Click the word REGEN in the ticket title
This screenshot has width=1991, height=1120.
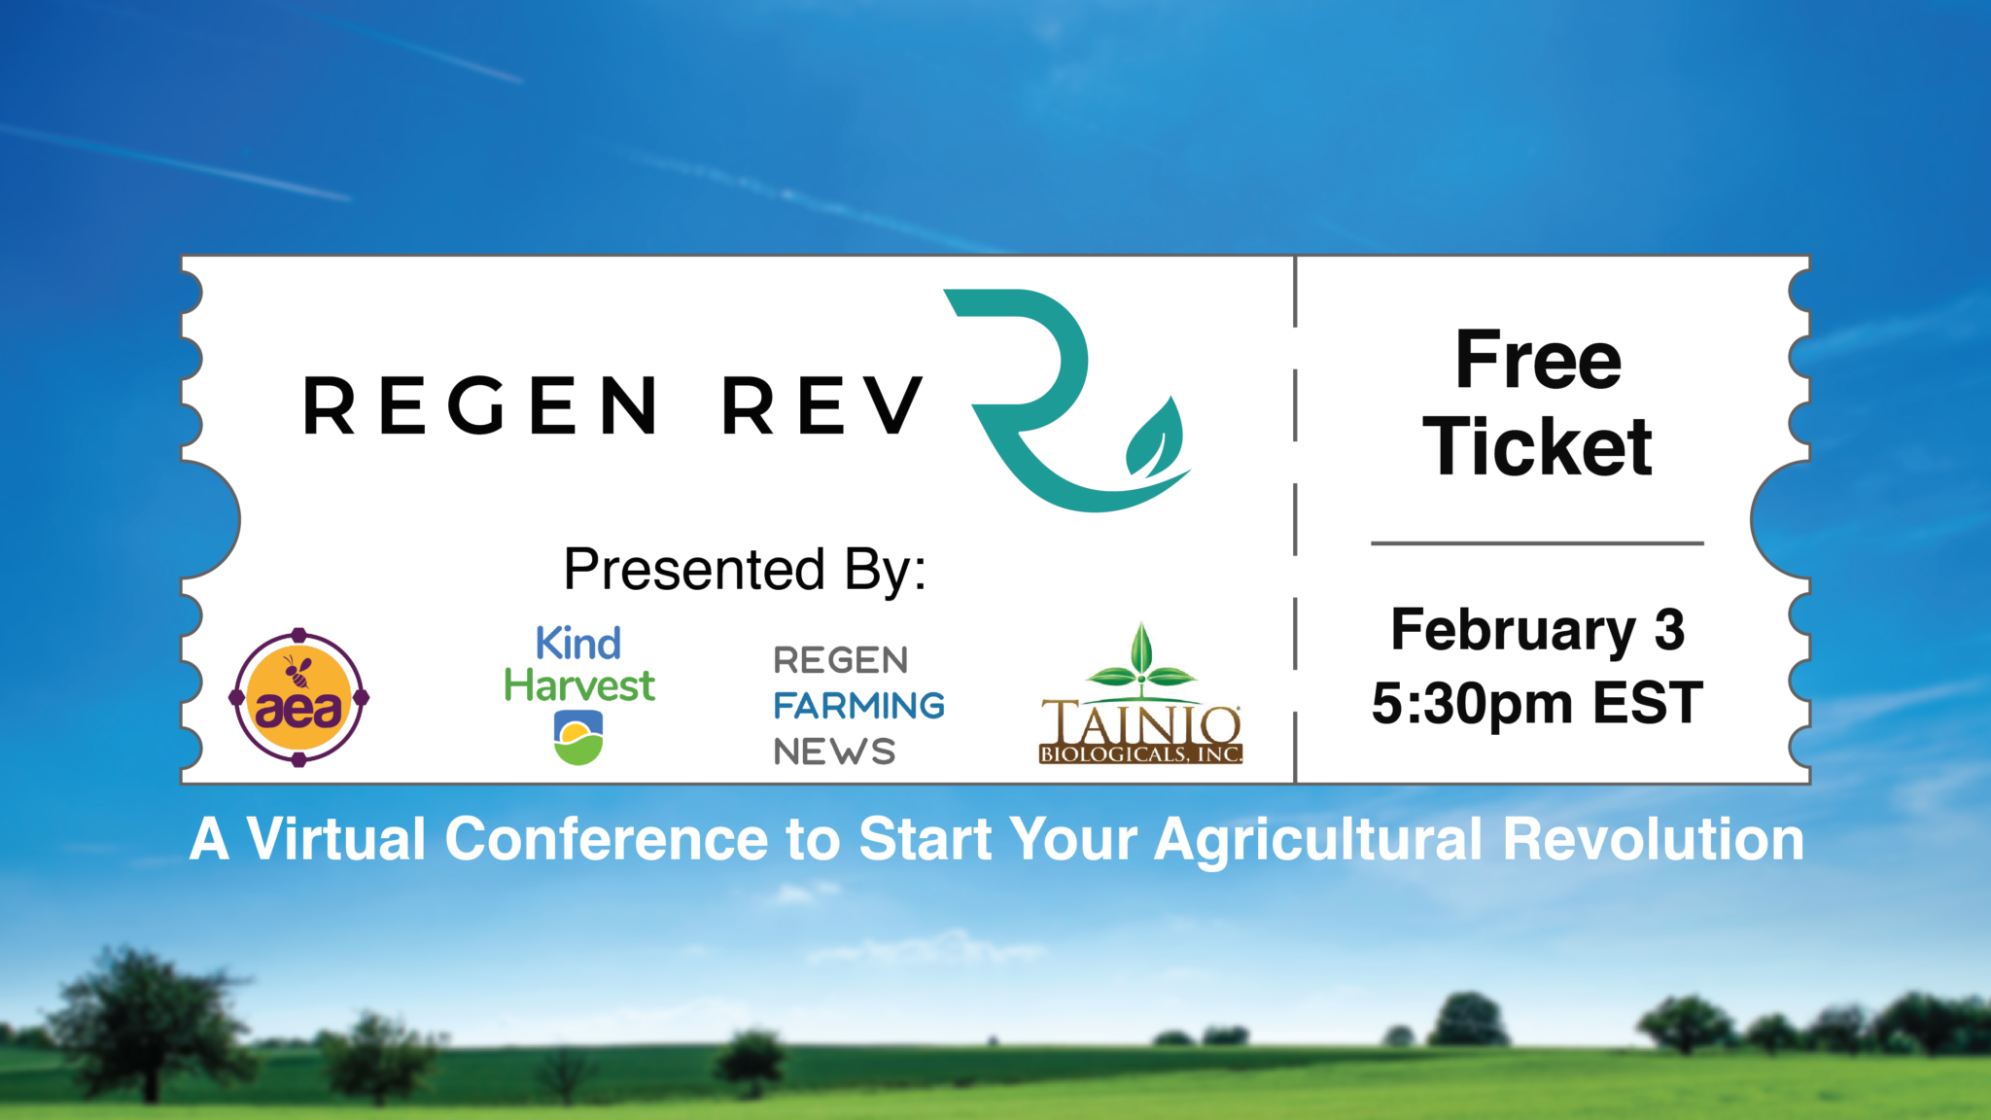click(x=480, y=405)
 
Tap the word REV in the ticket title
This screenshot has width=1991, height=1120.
click(x=822, y=405)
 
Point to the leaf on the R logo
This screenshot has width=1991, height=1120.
click(x=1155, y=437)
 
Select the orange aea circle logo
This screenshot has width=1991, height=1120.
click(x=299, y=697)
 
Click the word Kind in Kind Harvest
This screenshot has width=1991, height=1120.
click(x=578, y=644)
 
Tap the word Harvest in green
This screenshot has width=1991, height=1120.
click(x=579, y=685)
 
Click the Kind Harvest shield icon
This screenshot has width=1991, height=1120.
click(x=578, y=738)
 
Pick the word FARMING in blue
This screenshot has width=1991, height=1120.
click(x=859, y=706)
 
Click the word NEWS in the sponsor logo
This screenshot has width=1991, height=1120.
click(x=834, y=752)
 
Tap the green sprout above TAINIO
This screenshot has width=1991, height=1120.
click(x=1141, y=661)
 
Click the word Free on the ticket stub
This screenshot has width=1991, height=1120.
click(x=1539, y=359)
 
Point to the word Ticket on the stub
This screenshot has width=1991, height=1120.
click(x=1538, y=446)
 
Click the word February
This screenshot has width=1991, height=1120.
click(x=1514, y=631)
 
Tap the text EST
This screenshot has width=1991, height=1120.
click(x=1648, y=702)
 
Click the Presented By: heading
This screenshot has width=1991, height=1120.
click(x=745, y=569)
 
